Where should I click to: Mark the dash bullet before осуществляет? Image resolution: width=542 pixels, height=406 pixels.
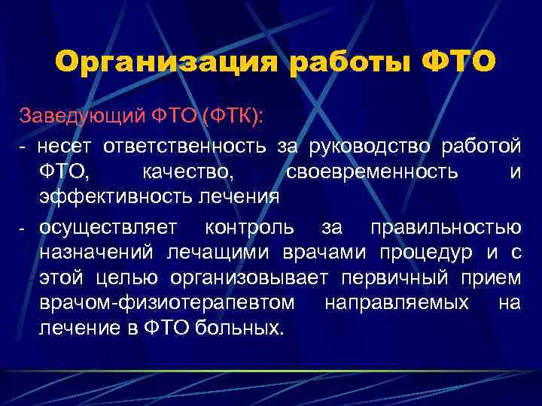[x=23, y=228]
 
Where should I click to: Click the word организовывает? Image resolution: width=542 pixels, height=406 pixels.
[x=249, y=278]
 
